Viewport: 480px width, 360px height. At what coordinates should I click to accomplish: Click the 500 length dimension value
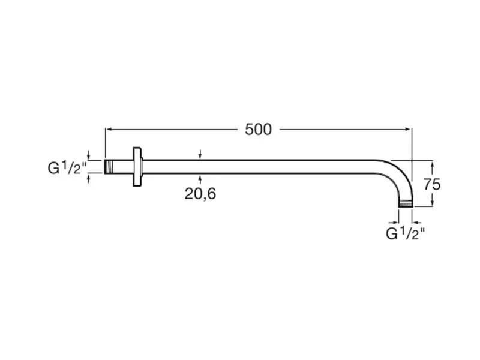coord(258,130)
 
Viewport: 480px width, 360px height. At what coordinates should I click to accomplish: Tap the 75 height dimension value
coord(432,184)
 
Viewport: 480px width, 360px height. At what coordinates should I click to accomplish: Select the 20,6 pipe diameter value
coord(200,194)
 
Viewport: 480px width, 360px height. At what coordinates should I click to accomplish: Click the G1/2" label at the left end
coord(67,168)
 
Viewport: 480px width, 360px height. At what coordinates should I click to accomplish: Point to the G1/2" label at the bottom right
coord(406,233)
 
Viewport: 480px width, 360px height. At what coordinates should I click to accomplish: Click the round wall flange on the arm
coord(137,167)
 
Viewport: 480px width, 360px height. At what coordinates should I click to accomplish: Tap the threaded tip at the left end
coord(109,167)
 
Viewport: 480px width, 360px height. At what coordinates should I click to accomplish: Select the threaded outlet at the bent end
coord(406,204)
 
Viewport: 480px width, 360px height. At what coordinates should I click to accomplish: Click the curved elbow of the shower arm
coord(398,175)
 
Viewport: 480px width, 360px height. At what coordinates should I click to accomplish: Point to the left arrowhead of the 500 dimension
coord(108,130)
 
